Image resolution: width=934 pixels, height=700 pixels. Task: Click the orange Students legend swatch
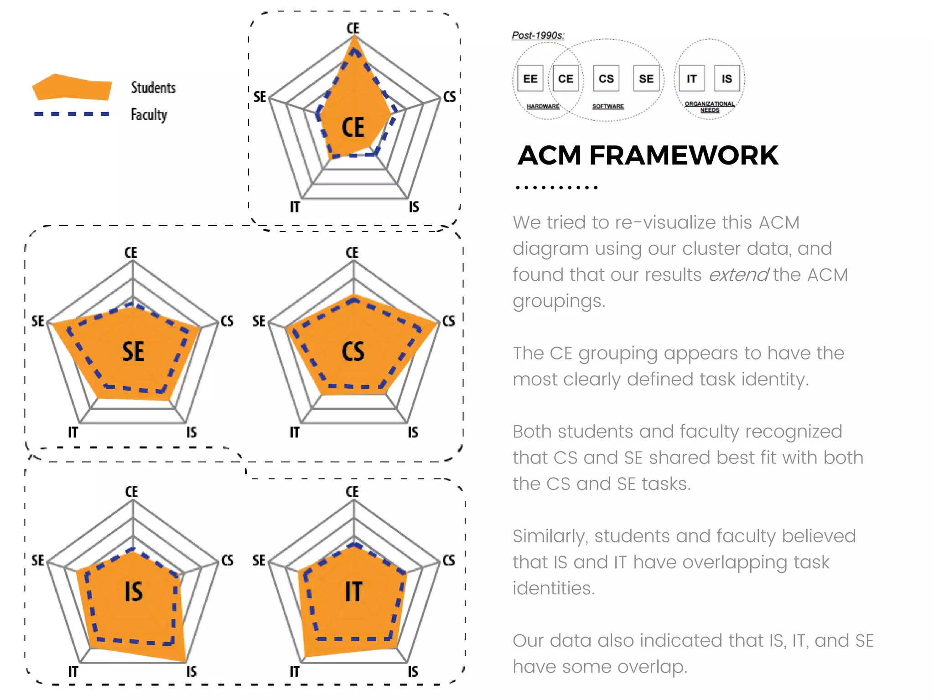(x=72, y=87)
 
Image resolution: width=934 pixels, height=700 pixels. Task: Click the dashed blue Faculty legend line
(x=72, y=114)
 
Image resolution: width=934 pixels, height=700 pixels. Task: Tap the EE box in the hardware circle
(x=530, y=79)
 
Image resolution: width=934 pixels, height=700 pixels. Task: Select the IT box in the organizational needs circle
(x=691, y=79)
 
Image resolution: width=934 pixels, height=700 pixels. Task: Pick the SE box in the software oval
(x=646, y=79)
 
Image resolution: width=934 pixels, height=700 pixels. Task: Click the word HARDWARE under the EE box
(x=543, y=106)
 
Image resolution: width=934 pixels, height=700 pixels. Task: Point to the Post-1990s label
(x=538, y=36)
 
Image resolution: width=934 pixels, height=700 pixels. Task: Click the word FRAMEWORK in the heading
(x=684, y=155)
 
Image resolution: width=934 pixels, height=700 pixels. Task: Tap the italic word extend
(x=738, y=275)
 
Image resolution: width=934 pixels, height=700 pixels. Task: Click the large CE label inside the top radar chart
(x=353, y=127)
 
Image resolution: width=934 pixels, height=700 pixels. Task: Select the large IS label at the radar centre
(x=134, y=592)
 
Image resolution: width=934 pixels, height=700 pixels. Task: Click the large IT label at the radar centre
(x=353, y=592)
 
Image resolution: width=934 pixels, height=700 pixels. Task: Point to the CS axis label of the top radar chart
(x=449, y=97)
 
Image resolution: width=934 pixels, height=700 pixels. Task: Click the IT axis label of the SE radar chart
(x=73, y=432)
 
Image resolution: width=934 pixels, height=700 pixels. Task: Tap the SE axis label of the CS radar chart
(x=259, y=321)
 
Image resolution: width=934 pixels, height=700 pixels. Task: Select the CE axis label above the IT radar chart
(x=352, y=492)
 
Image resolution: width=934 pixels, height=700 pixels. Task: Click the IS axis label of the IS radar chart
(x=192, y=671)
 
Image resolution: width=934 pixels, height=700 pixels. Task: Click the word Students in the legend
(x=153, y=87)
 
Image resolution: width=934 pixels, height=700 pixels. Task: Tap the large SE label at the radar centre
(x=133, y=352)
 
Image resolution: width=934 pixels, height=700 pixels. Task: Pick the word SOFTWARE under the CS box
(x=607, y=106)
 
